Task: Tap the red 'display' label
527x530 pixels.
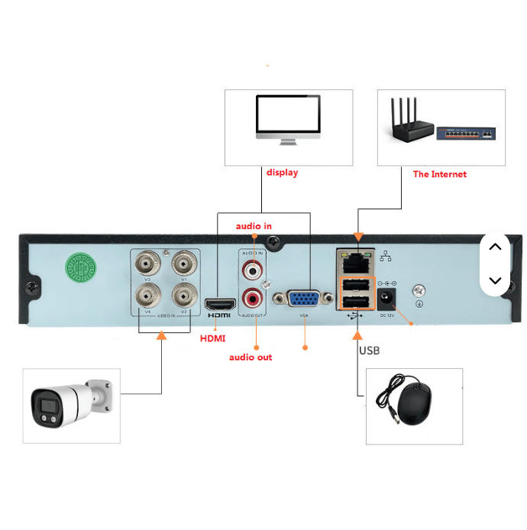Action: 282,173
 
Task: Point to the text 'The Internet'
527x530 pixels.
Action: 439,174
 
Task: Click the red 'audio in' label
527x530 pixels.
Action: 254,226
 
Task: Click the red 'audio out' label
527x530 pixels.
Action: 251,357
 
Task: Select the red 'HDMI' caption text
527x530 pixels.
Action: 212,338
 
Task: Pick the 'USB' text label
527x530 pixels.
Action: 369,351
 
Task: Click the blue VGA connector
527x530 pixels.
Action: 304,299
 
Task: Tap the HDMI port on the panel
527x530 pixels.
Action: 218,304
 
